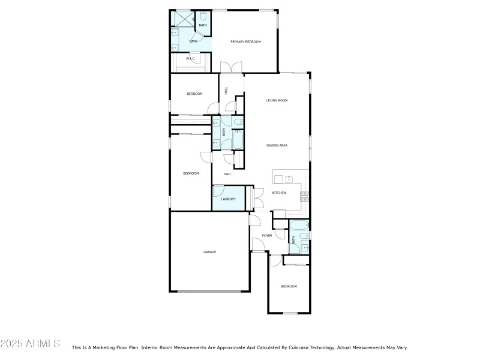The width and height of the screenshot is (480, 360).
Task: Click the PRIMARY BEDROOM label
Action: coord(246,41)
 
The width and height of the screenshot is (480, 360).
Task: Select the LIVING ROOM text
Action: coord(277,100)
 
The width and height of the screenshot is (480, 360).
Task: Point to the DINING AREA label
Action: coord(277,145)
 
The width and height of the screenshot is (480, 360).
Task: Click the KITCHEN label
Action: coord(279,193)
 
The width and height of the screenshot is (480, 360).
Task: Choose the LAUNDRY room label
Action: coord(228,199)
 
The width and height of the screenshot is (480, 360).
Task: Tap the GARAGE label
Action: coord(209,251)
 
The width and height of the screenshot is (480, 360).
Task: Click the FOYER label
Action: coord(267,235)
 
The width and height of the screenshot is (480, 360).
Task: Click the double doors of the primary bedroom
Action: coord(232,67)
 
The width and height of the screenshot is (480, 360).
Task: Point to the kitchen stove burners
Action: coord(304,194)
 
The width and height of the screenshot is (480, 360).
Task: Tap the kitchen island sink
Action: coord(289,179)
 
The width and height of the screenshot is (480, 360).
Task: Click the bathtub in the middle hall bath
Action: coord(238,140)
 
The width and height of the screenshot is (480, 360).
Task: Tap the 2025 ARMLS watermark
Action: coord(30,344)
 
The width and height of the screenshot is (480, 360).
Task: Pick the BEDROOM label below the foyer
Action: coord(289,286)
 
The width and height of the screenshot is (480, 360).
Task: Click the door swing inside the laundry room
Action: coord(218,191)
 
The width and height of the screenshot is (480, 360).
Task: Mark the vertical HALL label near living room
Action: coord(226,91)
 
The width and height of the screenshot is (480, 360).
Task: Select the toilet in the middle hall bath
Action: coord(238,123)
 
